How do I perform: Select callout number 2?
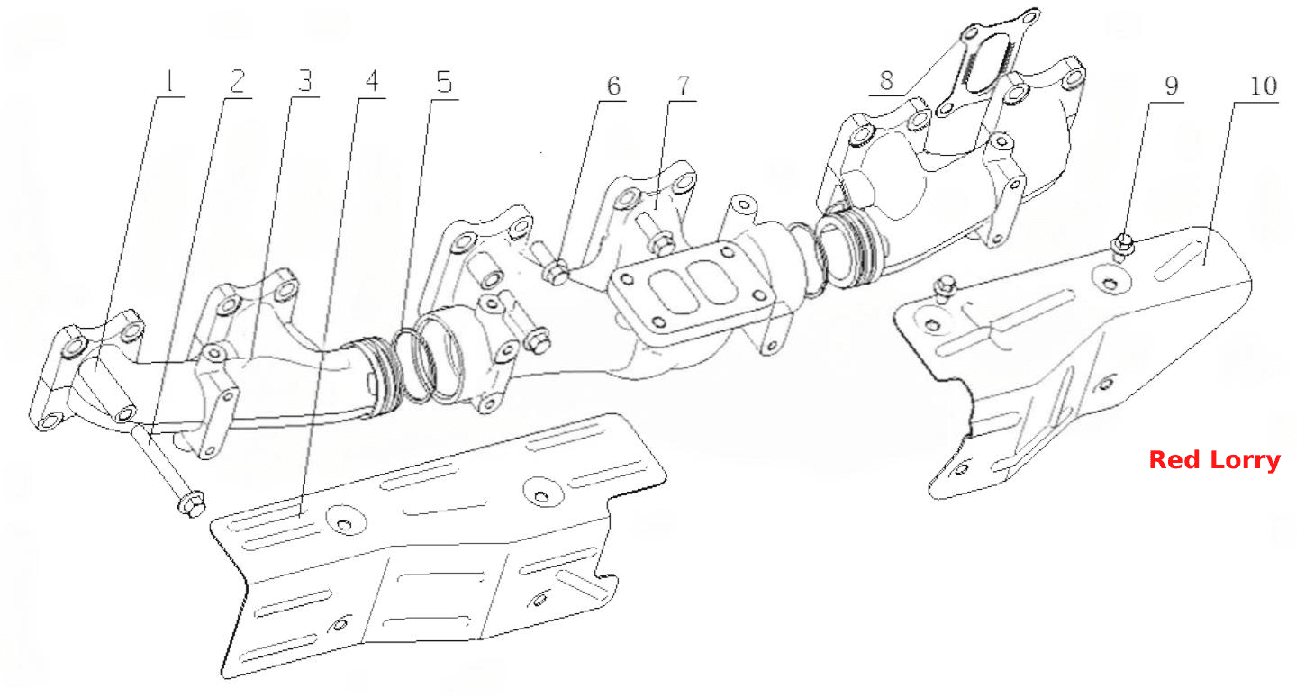[236, 82]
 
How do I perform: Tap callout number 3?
[304, 82]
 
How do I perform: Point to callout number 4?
[372, 82]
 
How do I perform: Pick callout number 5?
[444, 82]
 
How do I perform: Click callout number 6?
[613, 86]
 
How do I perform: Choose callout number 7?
[683, 86]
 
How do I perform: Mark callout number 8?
[886, 80]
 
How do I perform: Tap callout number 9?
[1171, 86]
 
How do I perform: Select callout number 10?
[1263, 86]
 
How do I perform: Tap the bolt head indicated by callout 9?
[1124, 243]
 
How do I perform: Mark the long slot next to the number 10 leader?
[1178, 263]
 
